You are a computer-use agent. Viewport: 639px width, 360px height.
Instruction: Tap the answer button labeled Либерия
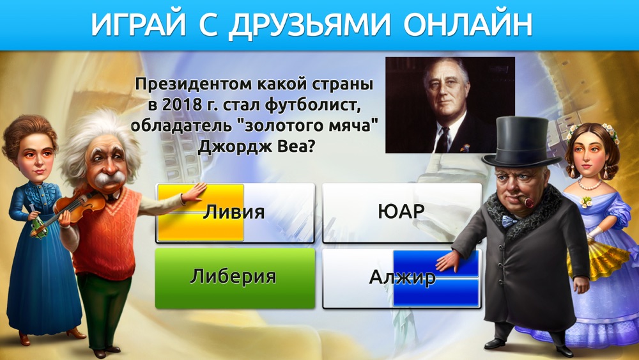click(x=235, y=278)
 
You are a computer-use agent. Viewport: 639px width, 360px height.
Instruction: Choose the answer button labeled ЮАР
click(x=402, y=213)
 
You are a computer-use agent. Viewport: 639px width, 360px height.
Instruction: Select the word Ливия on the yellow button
click(x=234, y=212)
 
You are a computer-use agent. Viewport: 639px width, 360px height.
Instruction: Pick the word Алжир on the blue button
click(x=402, y=278)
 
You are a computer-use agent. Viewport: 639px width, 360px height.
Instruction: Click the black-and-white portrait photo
click(x=450, y=105)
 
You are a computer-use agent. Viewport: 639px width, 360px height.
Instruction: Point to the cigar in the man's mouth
click(x=527, y=201)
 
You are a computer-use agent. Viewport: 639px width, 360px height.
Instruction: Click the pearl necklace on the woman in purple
click(x=589, y=185)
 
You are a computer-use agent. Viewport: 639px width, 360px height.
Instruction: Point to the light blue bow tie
click(x=509, y=221)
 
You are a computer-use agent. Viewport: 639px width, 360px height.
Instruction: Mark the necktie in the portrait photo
click(x=442, y=139)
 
